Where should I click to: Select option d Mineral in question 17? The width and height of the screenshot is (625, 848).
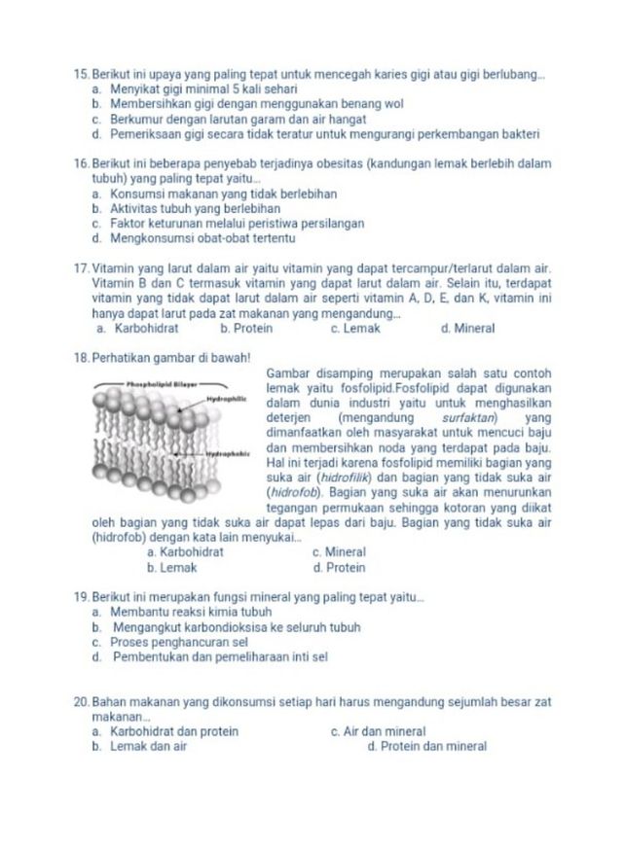(x=468, y=329)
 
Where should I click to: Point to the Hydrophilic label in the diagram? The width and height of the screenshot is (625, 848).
(x=227, y=399)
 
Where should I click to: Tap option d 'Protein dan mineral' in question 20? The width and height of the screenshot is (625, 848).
(x=427, y=747)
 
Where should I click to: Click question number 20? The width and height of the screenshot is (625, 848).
(x=82, y=701)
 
